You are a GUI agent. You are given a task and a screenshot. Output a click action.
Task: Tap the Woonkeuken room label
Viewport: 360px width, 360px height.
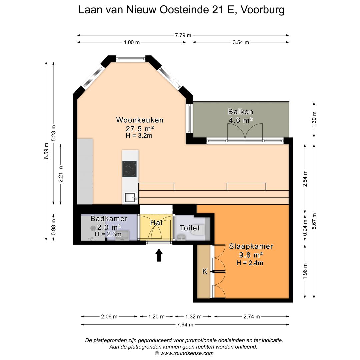(x=140, y=120)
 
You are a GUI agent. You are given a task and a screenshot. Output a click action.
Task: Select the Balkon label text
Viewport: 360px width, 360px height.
(x=240, y=111)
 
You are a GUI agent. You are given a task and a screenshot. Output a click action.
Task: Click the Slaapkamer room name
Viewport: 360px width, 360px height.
(x=251, y=246)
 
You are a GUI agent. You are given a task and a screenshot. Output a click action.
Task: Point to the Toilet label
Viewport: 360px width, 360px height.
(x=190, y=228)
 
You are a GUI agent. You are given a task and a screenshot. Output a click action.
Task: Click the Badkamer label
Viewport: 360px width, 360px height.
(x=109, y=219)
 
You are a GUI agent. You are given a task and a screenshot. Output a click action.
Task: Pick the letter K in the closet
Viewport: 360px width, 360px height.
(x=205, y=272)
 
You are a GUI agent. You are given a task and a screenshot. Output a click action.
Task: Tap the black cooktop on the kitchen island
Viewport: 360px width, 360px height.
(x=129, y=168)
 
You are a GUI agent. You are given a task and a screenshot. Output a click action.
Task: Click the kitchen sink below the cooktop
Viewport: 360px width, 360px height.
(x=130, y=198)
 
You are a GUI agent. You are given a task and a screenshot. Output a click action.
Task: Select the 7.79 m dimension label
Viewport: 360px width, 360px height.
(x=183, y=35)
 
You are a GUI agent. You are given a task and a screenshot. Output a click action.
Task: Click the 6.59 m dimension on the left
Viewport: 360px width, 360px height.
(x=46, y=151)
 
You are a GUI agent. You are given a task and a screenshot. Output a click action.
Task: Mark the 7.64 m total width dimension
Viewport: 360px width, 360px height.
(x=185, y=324)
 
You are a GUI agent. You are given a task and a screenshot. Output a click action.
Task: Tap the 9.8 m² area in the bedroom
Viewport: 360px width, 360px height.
(x=251, y=255)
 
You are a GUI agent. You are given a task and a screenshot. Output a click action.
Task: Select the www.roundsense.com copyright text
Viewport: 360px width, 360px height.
(x=184, y=353)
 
